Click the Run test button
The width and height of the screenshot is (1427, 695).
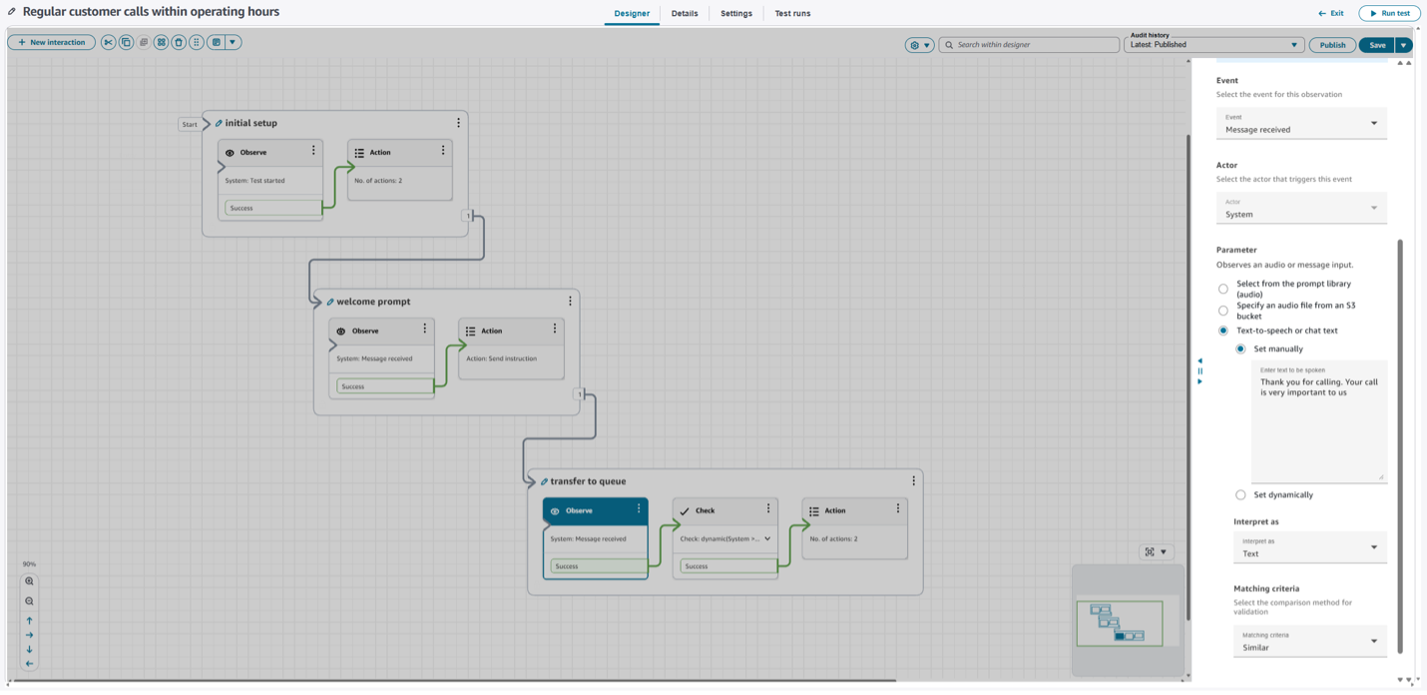(1389, 13)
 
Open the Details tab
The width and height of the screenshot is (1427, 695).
(685, 14)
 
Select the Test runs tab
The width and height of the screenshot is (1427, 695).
(792, 14)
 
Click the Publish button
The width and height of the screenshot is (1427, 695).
(1332, 45)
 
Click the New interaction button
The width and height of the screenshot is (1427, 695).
(52, 43)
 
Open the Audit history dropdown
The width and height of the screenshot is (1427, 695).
(1213, 45)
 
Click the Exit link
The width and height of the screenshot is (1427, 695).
(1331, 13)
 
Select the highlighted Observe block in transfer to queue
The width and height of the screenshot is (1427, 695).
(595, 510)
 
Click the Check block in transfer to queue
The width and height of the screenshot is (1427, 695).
(724, 510)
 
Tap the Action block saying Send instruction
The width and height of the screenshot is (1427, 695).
(511, 345)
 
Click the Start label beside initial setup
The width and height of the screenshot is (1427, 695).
(190, 125)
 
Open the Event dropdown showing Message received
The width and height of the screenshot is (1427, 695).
(1301, 124)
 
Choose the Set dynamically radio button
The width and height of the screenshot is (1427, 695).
(1240, 495)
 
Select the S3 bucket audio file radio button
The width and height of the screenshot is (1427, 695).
(1223, 311)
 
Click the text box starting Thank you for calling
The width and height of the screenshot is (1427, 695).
(1318, 419)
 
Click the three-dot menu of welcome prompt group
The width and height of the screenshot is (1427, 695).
(571, 301)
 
